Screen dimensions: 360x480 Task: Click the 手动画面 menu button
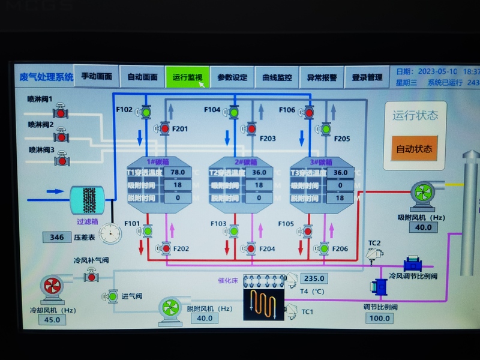click(x=97, y=77)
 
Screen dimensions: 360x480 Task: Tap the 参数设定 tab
click(x=232, y=77)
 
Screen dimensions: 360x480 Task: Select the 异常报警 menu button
click(x=322, y=77)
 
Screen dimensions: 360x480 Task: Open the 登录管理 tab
click(x=367, y=77)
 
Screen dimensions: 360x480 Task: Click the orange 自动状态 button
click(x=415, y=148)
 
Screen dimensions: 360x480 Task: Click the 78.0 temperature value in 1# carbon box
click(x=178, y=172)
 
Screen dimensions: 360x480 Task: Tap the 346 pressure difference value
click(x=57, y=237)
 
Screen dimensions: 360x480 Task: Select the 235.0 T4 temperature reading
click(x=314, y=278)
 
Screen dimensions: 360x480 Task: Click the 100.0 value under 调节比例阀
click(x=379, y=317)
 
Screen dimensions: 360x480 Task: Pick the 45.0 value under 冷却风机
click(x=52, y=319)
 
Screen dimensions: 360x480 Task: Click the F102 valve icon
click(x=146, y=111)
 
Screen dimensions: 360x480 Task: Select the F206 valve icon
click(x=325, y=247)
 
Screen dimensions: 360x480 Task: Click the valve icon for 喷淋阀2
click(x=61, y=136)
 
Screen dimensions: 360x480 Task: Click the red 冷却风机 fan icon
click(x=50, y=287)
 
